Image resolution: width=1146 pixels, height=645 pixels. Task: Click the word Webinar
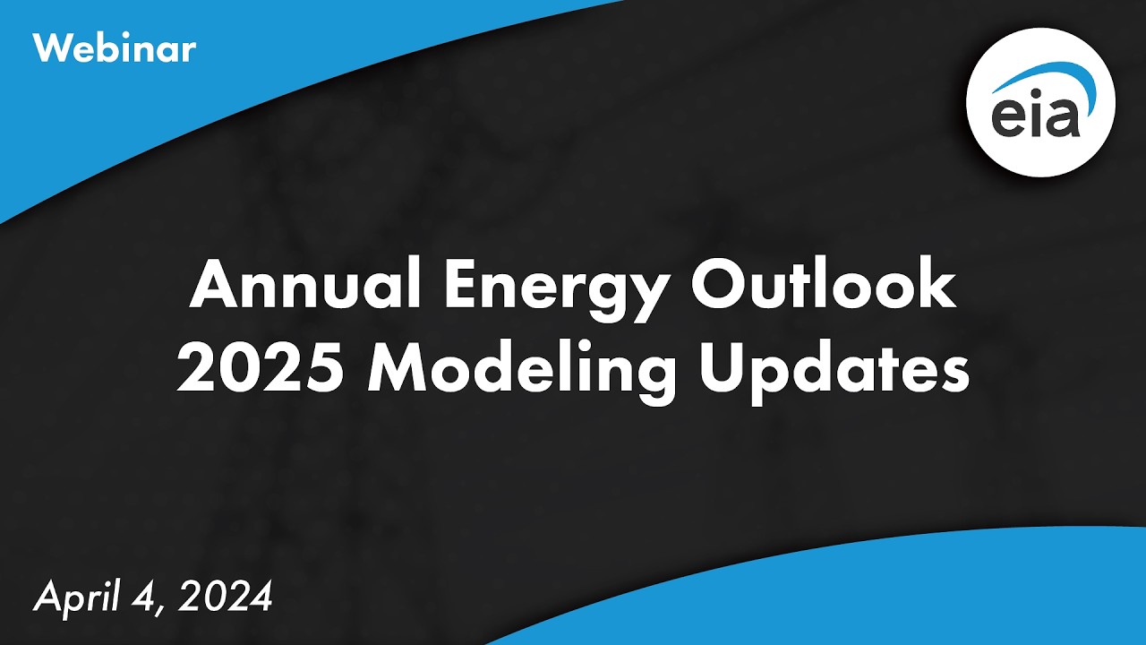114,48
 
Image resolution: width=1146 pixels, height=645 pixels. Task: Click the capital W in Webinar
50,48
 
